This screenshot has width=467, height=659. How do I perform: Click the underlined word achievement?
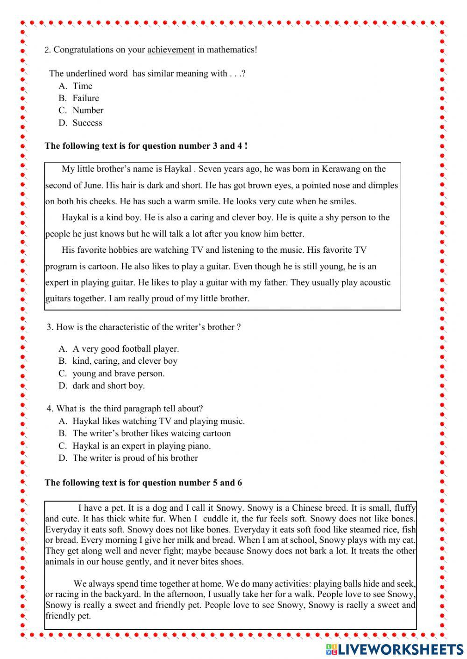click(171, 49)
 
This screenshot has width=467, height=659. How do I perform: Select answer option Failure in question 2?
click(85, 98)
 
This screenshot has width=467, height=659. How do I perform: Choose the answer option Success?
click(87, 123)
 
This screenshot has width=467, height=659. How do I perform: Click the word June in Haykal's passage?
click(92, 185)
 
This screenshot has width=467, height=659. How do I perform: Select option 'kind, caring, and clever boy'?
click(125, 361)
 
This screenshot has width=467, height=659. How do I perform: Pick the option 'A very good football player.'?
click(126, 348)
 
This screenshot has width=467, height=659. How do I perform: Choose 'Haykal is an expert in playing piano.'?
click(142, 445)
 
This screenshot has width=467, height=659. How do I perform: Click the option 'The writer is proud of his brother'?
click(135, 458)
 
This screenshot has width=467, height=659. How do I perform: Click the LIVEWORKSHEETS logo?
click(395, 649)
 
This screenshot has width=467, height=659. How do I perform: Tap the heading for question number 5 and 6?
click(143, 482)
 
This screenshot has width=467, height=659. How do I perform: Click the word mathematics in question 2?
click(232, 49)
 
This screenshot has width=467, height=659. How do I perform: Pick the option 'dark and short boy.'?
click(108, 385)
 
